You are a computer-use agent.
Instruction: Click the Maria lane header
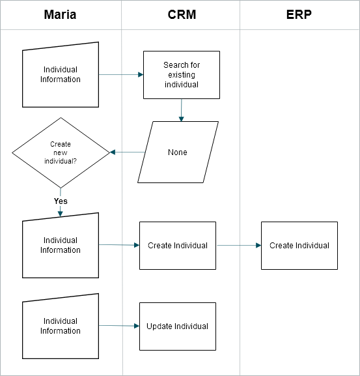click(x=60, y=14)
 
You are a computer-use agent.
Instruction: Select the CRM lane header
click(x=182, y=14)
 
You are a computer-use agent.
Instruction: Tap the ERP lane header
click(x=299, y=14)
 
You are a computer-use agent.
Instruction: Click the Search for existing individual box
click(x=182, y=75)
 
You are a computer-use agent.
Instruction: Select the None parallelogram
click(x=178, y=152)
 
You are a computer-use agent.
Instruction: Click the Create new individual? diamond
click(x=61, y=152)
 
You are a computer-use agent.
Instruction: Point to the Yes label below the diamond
click(x=61, y=201)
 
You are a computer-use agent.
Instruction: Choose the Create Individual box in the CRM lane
click(x=178, y=246)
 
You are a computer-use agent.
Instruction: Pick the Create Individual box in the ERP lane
click(x=299, y=246)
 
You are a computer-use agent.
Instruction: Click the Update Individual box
click(x=178, y=326)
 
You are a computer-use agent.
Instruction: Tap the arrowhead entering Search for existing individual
click(x=141, y=74)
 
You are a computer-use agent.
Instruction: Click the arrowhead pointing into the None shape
click(x=182, y=119)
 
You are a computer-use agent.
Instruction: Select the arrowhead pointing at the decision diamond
click(x=113, y=152)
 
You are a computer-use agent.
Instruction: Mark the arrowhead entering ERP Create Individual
click(x=258, y=245)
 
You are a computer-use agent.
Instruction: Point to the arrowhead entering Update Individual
click(x=137, y=326)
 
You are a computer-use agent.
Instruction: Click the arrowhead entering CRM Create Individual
click(x=137, y=245)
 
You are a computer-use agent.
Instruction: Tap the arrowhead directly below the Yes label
click(x=61, y=214)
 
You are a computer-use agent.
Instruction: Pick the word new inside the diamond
click(x=61, y=152)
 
